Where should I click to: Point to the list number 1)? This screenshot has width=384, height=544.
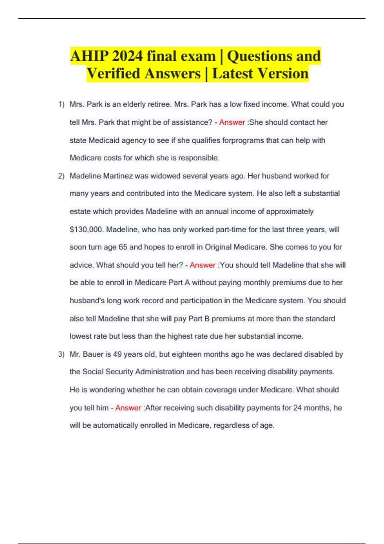point(61,104)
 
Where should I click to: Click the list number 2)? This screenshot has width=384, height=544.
point(61,176)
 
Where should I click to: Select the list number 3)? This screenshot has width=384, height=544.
point(61,354)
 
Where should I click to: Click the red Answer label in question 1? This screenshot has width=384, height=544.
point(232,122)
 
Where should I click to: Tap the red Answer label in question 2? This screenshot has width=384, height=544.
point(203,265)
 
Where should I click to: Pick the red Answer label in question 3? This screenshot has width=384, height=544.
point(128,408)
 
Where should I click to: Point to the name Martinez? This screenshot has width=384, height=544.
point(118,176)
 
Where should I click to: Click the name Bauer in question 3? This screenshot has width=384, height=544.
point(93,354)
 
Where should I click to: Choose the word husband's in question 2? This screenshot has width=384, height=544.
point(87,300)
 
